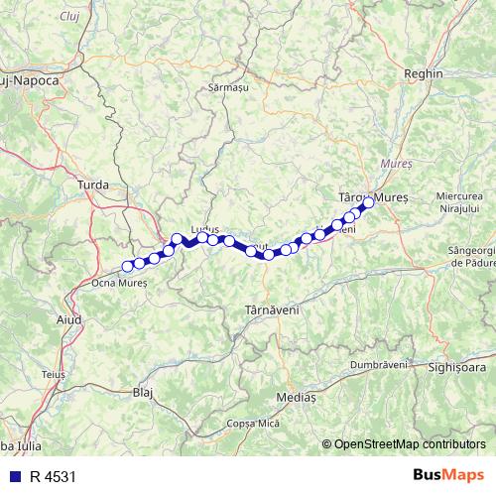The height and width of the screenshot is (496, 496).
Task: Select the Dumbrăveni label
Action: coord(379,364)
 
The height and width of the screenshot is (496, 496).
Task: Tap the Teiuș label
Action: coord(54,374)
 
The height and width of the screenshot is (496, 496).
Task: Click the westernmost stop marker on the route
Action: coord(127,266)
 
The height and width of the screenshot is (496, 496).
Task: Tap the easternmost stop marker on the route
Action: coord(367,203)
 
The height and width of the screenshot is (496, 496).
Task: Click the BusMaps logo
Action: coord(449,475)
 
